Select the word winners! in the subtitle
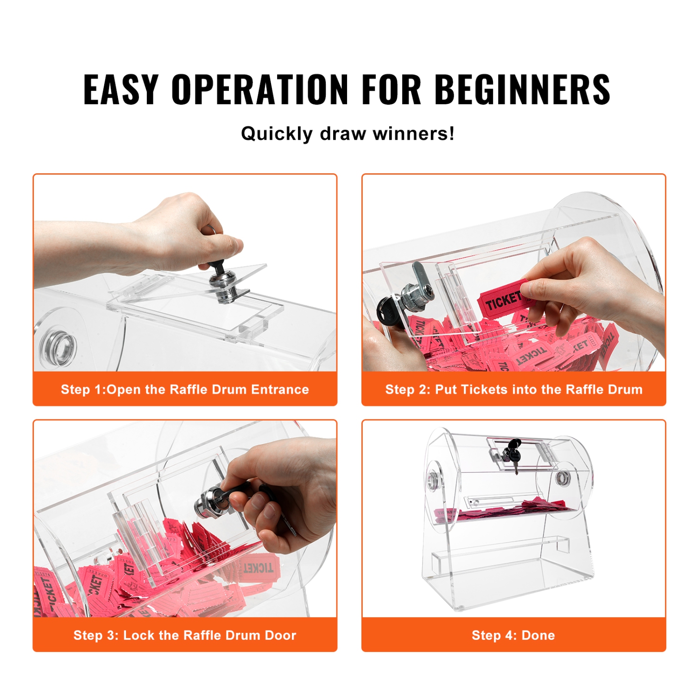pos(414,134)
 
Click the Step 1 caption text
pos(184,389)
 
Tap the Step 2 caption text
pos(513,389)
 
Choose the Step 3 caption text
pos(184,635)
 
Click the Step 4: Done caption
pos(513,635)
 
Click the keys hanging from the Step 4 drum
pos(514,454)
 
